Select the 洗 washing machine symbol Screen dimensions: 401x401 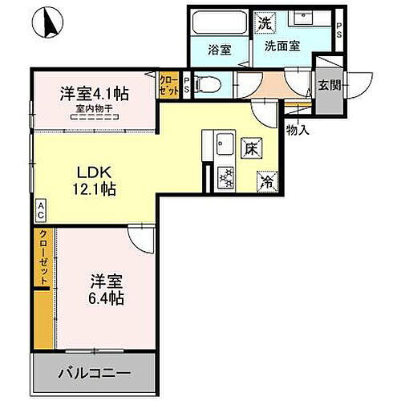[264, 23]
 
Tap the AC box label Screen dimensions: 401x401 [39, 211]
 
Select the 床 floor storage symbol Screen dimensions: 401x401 [250, 148]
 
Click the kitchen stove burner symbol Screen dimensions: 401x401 [225, 176]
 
